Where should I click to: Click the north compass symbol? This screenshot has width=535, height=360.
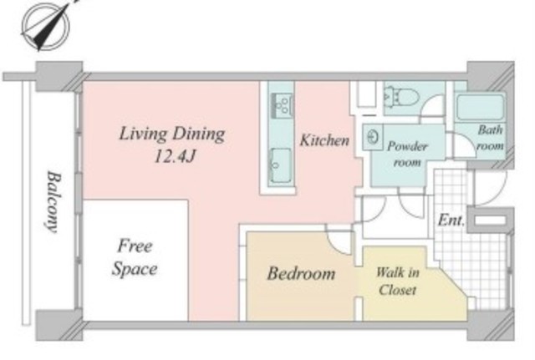click(x=46, y=26)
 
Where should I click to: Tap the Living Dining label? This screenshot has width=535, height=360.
click(x=172, y=134)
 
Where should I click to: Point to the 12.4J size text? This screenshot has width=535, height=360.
click(x=175, y=156)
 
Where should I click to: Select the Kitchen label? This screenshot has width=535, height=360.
click(x=324, y=140)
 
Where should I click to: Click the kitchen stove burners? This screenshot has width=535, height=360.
click(x=282, y=104)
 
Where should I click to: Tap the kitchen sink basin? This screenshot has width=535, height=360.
click(x=281, y=165)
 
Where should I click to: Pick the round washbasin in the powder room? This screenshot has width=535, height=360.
click(x=373, y=137)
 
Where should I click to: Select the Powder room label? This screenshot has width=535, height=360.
click(x=407, y=154)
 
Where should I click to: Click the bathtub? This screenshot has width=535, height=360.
click(x=480, y=107)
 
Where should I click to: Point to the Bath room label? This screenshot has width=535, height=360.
click(x=491, y=138)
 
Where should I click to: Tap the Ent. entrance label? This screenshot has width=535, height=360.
click(x=451, y=221)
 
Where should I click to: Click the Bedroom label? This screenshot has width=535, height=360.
click(x=301, y=273)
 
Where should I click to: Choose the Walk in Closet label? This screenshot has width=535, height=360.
click(x=398, y=281)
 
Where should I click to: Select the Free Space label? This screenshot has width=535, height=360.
click(x=135, y=257)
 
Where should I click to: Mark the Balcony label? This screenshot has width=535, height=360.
click(x=53, y=202)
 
